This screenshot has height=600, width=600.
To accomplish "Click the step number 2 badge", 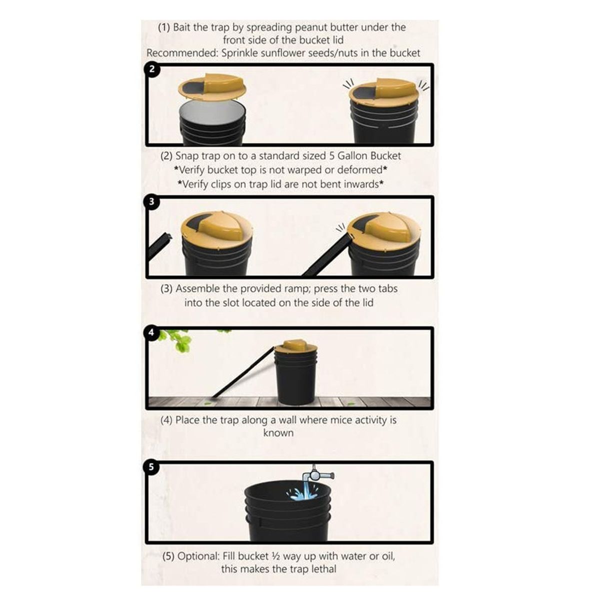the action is tap(151, 69).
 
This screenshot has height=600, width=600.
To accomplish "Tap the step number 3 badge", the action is tap(151, 202).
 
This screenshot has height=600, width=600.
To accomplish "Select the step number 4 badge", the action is tap(151, 332).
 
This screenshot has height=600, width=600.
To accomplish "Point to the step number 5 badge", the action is tap(151, 467).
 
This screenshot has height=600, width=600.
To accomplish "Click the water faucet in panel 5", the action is tap(318, 475).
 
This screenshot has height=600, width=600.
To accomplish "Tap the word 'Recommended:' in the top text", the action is tap(182, 53).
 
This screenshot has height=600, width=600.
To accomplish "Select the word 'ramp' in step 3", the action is tap(296, 289).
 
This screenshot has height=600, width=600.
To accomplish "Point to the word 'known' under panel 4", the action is tap(278, 433).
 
